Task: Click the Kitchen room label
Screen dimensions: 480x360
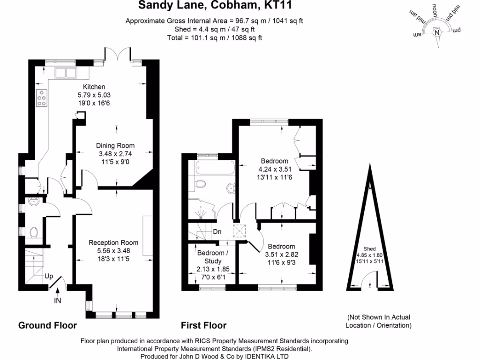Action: coord(94,87)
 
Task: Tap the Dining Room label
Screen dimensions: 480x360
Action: coord(115,146)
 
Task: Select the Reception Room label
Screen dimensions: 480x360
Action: coord(113,243)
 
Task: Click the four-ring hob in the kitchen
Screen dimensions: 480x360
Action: coord(42,98)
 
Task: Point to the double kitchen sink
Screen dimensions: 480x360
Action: coord(66,73)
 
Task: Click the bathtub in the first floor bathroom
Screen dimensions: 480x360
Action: coord(215,168)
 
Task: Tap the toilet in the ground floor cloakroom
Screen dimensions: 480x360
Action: coord(34,232)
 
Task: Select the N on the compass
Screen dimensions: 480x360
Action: coord(437,33)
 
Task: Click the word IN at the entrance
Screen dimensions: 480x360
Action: coord(58,301)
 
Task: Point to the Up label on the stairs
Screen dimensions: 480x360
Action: coord(49,277)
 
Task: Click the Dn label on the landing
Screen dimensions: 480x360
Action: coord(217,232)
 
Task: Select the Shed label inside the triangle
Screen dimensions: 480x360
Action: coord(369,249)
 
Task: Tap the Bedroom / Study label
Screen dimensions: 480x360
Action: coord(213,257)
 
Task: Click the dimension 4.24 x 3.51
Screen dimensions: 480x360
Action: coord(275,169)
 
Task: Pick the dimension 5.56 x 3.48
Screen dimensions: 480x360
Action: coord(113,251)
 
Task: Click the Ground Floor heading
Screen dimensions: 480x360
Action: coord(47,325)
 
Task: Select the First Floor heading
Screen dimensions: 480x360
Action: coord(203,325)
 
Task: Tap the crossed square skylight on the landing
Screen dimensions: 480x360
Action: coord(239,231)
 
